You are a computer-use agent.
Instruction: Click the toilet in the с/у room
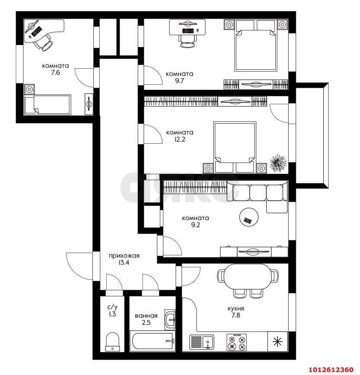pyautogui.click(x=112, y=342)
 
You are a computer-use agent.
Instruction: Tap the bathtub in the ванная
pyautogui.click(x=153, y=341)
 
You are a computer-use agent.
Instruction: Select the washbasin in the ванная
pyautogui.click(x=170, y=320)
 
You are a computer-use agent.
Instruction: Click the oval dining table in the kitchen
pyautogui.click(x=248, y=277)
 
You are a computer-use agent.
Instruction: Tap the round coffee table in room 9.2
pyautogui.click(x=248, y=217)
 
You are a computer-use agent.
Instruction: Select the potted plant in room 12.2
pyautogui.click(x=278, y=163)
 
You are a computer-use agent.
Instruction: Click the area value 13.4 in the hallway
pyautogui.click(x=124, y=263)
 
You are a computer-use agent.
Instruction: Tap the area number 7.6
pyautogui.click(x=55, y=73)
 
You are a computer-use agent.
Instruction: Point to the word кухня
pyautogui.click(x=236, y=308)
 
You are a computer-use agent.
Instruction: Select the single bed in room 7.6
pyautogui.click(x=48, y=105)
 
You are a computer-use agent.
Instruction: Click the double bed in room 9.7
pyautogui.click(x=255, y=45)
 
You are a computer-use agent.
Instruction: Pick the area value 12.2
pyautogui.click(x=180, y=139)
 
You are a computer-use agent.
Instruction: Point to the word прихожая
pyautogui.click(x=124, y=256)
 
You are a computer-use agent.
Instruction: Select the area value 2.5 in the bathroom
pyautogui.click(x=146, y=323)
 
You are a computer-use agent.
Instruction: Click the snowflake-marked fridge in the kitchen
pyautogui.click(x=277, y=341)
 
